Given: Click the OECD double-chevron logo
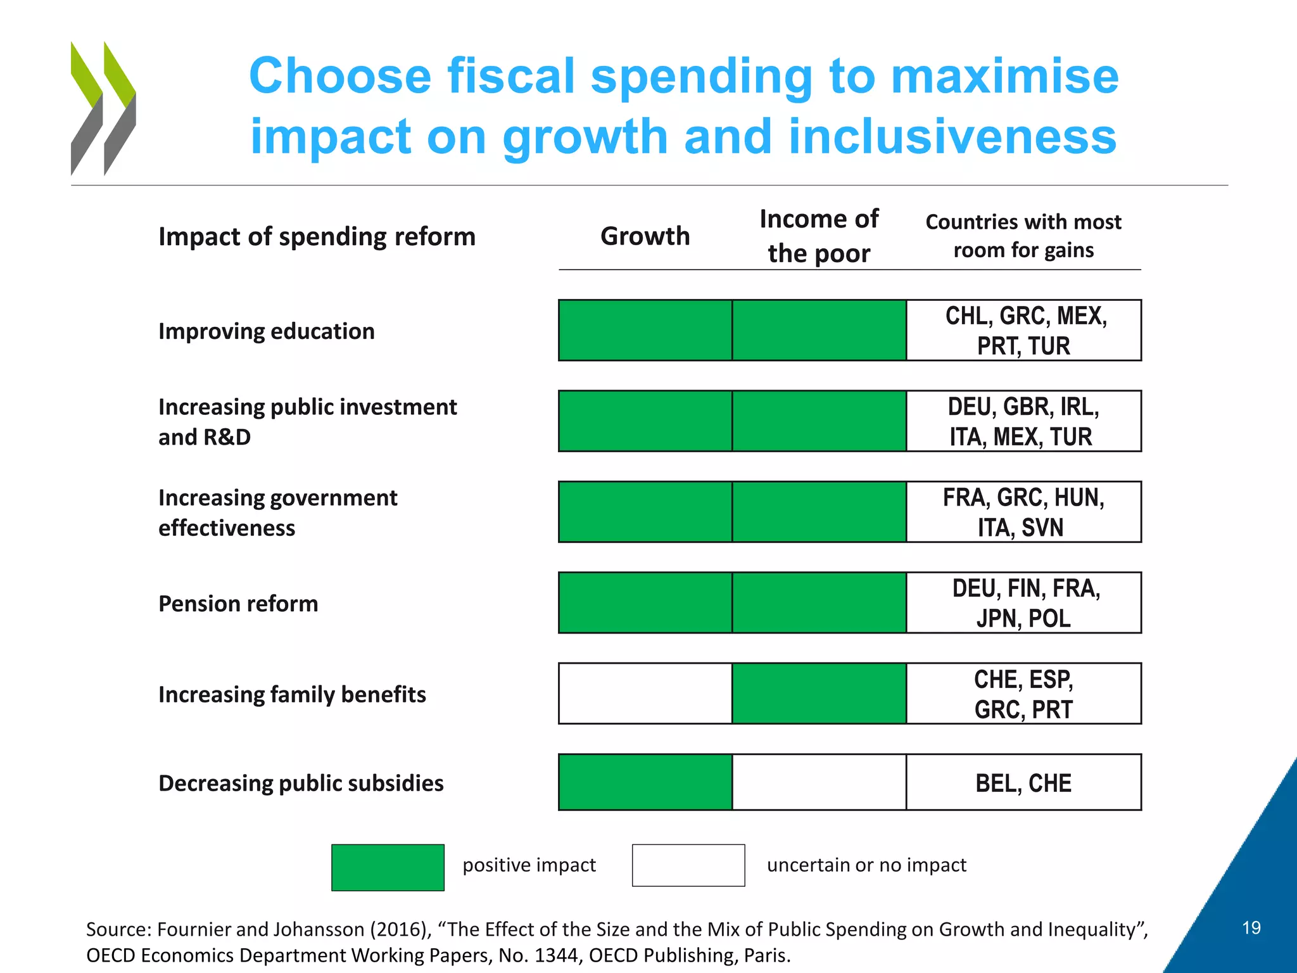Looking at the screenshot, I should coord(103,108).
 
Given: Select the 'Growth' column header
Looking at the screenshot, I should coord(645,236).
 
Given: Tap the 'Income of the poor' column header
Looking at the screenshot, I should coord(819,236).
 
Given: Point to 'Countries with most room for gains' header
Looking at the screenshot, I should coord(1023,236).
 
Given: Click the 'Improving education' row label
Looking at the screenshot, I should coord(267,331).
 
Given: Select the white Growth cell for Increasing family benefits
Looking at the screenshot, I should coord(645,694).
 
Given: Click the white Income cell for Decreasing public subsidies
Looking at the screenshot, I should coord(819,782).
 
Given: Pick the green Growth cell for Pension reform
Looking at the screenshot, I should coord(645,602).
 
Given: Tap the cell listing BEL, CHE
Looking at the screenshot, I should coord(1023,783).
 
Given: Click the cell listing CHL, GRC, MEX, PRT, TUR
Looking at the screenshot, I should coord(1024,331).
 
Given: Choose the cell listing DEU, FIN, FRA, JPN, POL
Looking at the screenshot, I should coord(1024,603).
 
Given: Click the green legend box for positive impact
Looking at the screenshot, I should coord(388,867).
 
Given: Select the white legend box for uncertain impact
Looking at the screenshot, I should coord(688,865).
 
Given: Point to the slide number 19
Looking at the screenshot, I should coord(1251,928).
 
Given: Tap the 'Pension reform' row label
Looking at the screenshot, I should coord(238,604).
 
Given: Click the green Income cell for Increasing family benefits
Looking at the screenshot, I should coord(819,694).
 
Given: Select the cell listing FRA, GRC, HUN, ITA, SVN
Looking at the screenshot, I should coord(1024,512).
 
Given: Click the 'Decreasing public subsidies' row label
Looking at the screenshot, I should coord(301,784).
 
